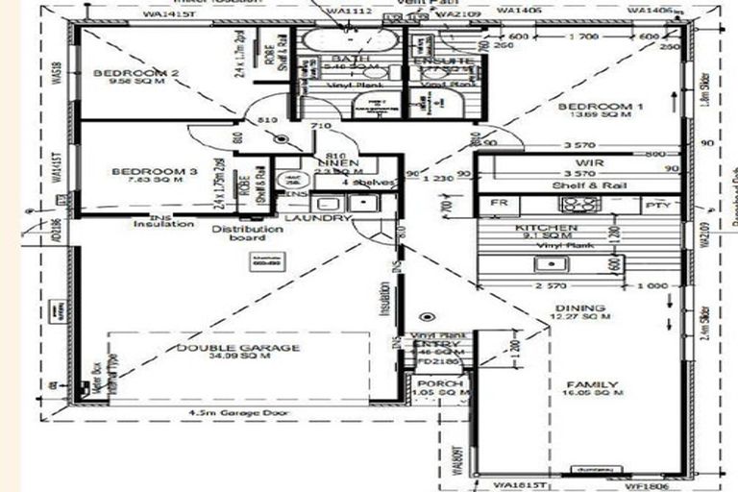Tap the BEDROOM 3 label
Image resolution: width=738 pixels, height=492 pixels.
click(x=154, y=172)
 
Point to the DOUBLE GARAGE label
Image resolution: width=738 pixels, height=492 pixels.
click(x=238, y=348)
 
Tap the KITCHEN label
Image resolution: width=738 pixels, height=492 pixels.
click(x=547, y=228)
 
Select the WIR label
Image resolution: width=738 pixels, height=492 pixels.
click(x=589, y=163)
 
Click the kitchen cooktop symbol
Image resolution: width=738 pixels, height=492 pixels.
click(x=579, y=205)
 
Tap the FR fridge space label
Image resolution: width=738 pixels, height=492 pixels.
click(x=498, y=205)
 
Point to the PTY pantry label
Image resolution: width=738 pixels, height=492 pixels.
click(x=656, y=205)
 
